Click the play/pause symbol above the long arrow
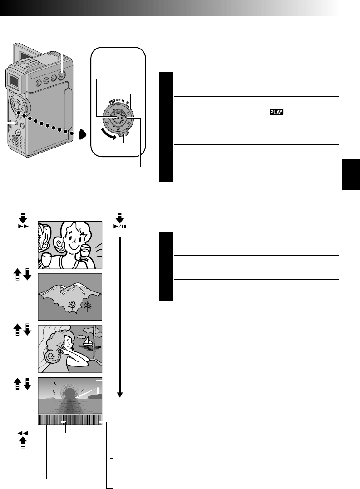(x=120, y=225)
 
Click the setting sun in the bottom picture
(x=70, y=392)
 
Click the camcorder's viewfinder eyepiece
(x=15, y=82)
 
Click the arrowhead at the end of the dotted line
(x=81, y=135)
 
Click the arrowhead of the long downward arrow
(x=120, y=394)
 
